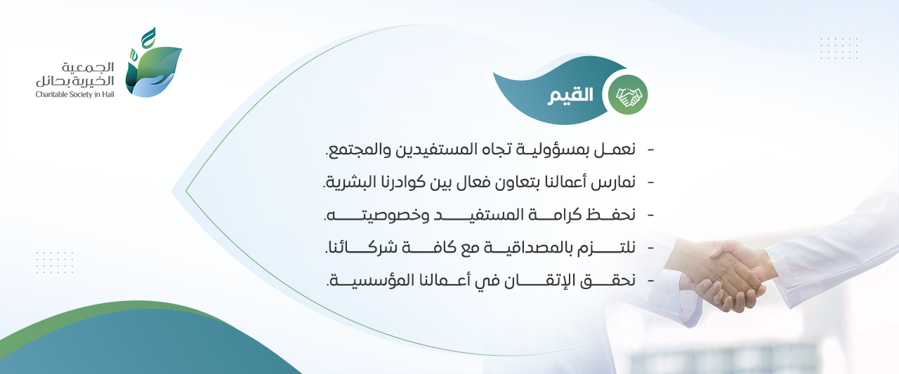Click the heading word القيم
click(x=570, y=96)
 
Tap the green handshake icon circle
click(x=628, y=95)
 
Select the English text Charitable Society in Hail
click(x=74, y=95)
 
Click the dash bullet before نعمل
click(x=650, y=150)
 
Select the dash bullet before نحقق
click(x=650, y=281)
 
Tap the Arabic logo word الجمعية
click(x=88, y=67)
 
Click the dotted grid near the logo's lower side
click(x=55, y=262)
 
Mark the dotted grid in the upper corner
click(x=839, y=48)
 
